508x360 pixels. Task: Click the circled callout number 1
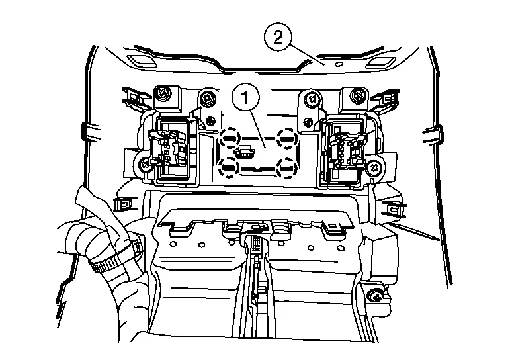tap(245, 97)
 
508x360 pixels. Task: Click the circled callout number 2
tap(278, 38)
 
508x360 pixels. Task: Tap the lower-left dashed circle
tap(229, 167)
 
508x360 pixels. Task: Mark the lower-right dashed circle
tap(286, 168)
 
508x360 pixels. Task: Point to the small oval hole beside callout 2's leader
tap(338, 64)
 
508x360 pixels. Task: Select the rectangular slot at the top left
tap(138, 60)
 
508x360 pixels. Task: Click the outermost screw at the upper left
tap(161, 93)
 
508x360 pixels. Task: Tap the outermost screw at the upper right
tap(359, 95)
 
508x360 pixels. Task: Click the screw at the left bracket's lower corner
tap(144, 165)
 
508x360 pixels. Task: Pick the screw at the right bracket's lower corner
tap(374, 168)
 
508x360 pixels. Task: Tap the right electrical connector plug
tap(348, 151)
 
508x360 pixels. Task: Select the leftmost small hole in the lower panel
tap(173, 244)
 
